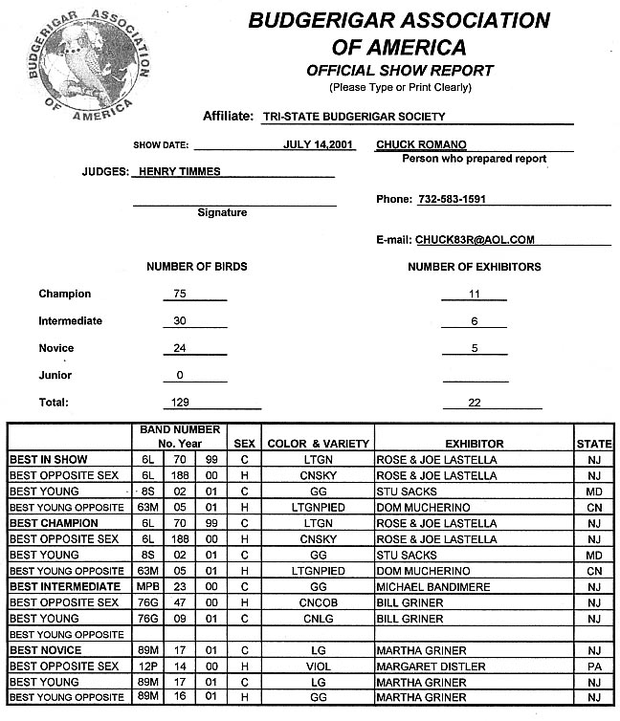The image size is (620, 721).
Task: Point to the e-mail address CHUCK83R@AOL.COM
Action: point(475,240)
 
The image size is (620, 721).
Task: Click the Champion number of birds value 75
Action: point(180,294)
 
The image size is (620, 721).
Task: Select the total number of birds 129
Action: point(180,403)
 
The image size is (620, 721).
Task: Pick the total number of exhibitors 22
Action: point(474,403)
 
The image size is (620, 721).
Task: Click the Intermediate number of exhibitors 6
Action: point(475,321)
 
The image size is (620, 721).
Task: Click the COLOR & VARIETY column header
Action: point(318,444)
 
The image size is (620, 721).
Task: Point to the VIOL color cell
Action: point(318,666)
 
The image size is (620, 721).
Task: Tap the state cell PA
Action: point(594,666)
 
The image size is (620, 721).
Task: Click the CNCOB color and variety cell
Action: point(318,602)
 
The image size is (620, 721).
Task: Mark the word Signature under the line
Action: point(222,212)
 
